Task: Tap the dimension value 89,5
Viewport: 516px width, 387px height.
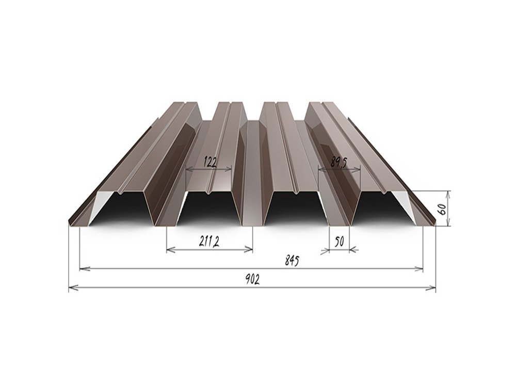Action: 340,163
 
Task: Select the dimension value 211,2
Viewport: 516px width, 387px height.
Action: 209,242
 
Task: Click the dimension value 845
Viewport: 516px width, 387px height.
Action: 292,261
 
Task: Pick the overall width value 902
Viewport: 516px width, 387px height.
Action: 252,280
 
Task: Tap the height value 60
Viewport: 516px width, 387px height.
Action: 443,208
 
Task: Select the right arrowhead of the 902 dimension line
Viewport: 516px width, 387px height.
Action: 431,288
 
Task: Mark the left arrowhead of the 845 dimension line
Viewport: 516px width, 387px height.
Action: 84,269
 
